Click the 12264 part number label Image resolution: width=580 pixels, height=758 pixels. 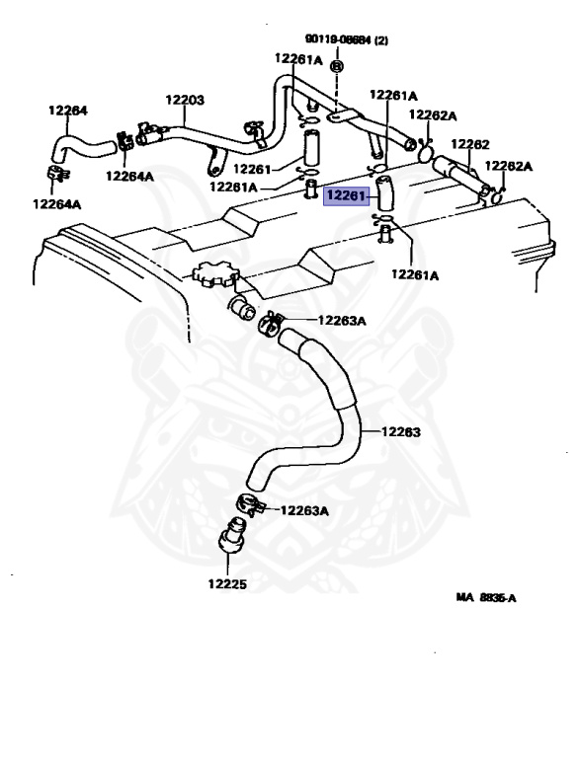pos(67,111)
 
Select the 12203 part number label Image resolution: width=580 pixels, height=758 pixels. pos(184,100)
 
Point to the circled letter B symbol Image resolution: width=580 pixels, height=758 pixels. pos(336,65)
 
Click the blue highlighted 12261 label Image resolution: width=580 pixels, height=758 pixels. pos(347,197)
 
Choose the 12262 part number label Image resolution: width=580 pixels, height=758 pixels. pos(470,144)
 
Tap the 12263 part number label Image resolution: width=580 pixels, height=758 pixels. pos(400,431)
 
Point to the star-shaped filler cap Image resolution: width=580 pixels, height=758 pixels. pos(212,274)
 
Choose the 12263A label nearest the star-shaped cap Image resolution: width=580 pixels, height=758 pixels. pos(342,320)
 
